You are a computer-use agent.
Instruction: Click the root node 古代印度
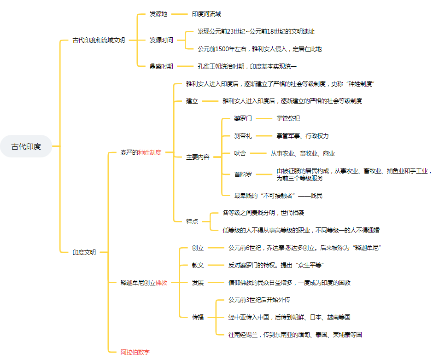click(x=26, y=146)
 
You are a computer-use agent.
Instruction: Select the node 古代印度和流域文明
click(x=99, y=40)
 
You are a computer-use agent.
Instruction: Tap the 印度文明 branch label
click(x=84, y=252)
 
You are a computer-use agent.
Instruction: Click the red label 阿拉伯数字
click(x=135, y=352)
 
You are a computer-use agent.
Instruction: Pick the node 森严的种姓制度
click(x=141, y=152)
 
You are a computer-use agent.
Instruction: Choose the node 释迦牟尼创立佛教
click(x=144, y=282)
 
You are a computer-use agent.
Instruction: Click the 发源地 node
click(x=158, y=14)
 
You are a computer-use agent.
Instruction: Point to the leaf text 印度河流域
click(x=206, y=14)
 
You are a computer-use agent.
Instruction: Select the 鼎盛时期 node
click(x=161, y=66)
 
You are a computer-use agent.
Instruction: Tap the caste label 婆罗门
click(x=243, y=118)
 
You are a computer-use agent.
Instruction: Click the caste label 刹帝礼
click(x=243, y=136)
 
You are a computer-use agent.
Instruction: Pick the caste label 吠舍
click(x=240, y=153)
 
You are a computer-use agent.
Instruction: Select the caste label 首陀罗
click(x=243, y=174)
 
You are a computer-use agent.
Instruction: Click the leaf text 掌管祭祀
click(x=288, y=118)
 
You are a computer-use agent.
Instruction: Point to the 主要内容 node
click(x=198, y=157)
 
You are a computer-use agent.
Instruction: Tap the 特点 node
click(x=192, y=221)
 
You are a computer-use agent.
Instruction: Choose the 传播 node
click(x=198, y=317)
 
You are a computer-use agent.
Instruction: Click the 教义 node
click(x=198, y=265)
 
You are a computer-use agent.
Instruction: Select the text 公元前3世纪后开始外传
click(x=259, y=300)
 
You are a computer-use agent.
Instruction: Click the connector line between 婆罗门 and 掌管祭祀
click(x=264, y=118)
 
